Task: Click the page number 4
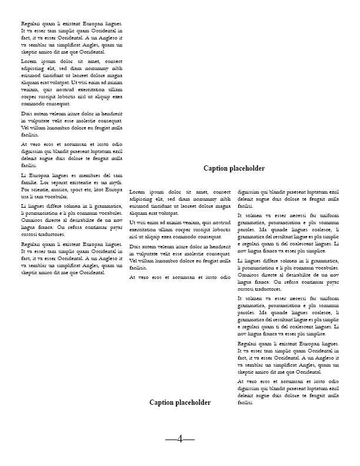tap(180, 438)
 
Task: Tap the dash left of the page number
tap(171, 439)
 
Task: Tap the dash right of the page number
tap(189, 439)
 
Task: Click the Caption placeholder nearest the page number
tap(180, 402)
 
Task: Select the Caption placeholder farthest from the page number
tap(234, 168)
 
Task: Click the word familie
tap(31, 182)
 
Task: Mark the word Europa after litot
tap(114, 189)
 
